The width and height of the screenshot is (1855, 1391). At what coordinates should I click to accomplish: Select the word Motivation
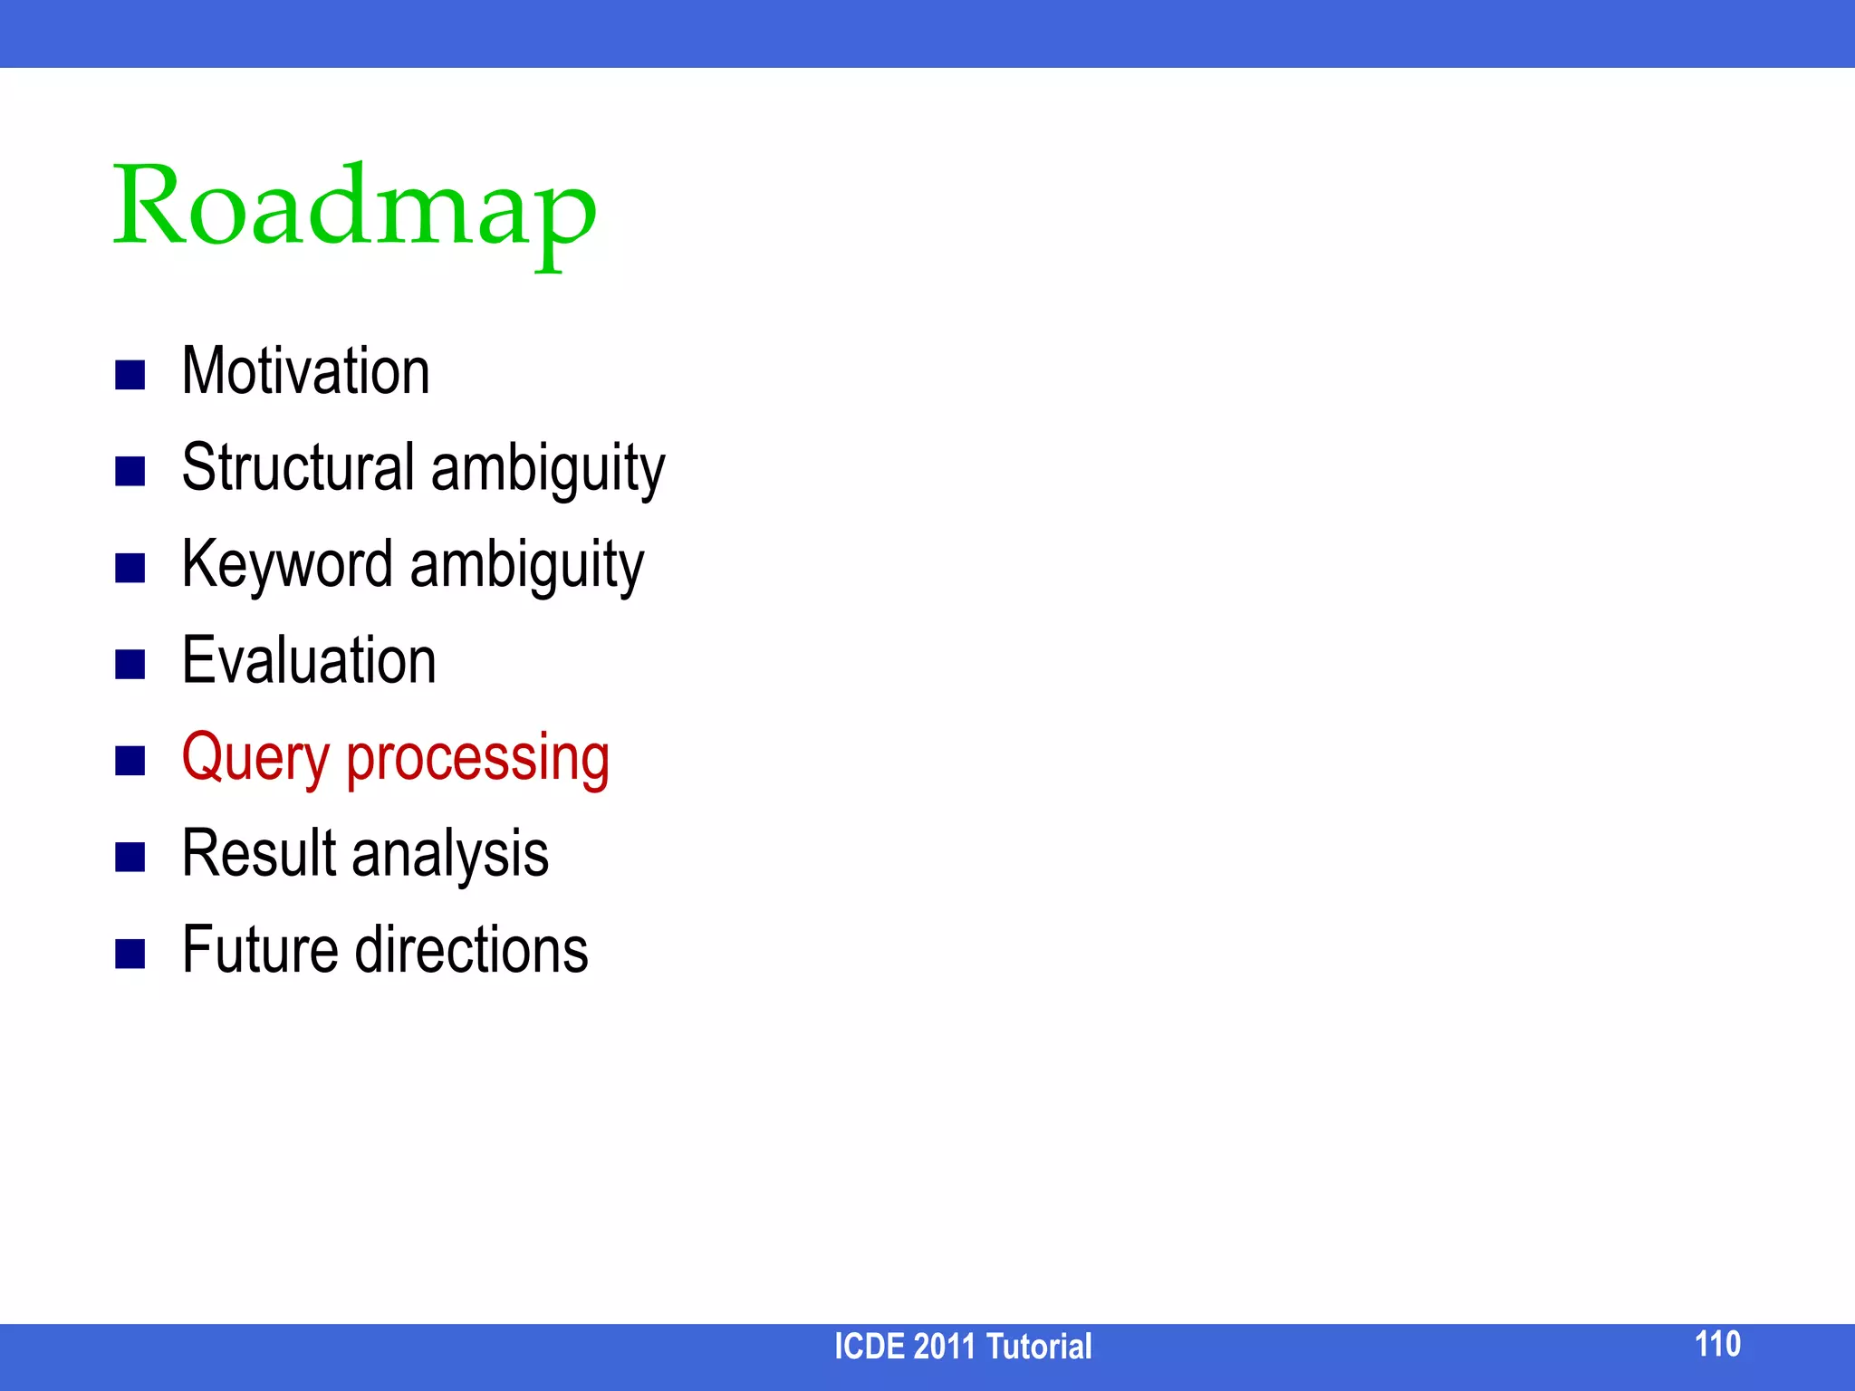(x=305, y=371)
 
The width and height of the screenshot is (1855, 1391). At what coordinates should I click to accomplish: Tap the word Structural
(x=298, y=468)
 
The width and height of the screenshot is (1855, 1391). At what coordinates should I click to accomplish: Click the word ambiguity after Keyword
(x=527, y=565)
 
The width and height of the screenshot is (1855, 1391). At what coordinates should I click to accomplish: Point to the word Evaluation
(x=309, y=661)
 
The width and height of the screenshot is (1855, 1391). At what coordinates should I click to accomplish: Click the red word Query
(x=255, y=758)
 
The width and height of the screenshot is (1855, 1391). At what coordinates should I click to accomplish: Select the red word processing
(x=477, y=758)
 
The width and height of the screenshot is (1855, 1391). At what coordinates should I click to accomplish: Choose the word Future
(x=261, y=950)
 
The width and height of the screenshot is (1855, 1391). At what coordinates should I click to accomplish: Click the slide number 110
(x=1717, y=1344)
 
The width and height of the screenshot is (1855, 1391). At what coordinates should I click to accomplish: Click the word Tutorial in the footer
(x=1039, y=1347)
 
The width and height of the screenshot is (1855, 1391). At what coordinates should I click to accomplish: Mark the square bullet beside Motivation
(x=130, y=375)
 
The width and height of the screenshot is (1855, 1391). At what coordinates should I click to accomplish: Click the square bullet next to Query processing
(x=130, y=761)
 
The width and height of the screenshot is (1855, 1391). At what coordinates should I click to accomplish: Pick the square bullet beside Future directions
(x=130, y=954)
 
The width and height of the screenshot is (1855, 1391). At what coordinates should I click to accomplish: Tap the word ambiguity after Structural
(x=548, y=468)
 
